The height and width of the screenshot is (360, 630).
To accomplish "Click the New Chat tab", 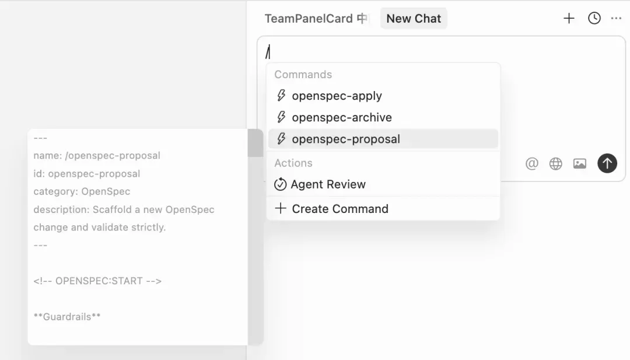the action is [x=414, y=19].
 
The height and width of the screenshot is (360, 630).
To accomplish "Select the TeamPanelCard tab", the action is [x=316, y=19].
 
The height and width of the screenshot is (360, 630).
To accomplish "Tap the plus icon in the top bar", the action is [x=569, y=19].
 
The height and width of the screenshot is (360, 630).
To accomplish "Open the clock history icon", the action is [x=594, y=19].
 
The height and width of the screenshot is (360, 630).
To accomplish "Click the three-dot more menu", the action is [x=616, y=19].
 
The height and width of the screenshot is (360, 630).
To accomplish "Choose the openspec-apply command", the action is [x=337, y=96].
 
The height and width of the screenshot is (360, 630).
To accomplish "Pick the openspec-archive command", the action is [x=341, y=117].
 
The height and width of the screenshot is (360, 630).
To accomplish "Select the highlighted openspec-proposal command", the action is [x=345, y=139].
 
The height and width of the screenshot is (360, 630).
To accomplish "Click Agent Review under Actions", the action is [x=328, y=184].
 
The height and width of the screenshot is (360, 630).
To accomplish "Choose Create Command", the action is [x=339, y=209].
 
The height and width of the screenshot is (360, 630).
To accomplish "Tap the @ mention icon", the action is [x=531, y=164].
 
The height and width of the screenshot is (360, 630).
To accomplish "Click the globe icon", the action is [x=556, y=164].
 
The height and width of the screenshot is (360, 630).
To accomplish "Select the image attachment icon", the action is [x=580, y=164].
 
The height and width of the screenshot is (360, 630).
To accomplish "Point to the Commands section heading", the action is [x=303, y=75].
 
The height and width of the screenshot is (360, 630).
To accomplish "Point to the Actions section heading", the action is [x=293, y=163].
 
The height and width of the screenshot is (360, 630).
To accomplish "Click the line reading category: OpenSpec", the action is [x=82, y=191].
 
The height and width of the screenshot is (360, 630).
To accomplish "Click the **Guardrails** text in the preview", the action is [x=67, y=317].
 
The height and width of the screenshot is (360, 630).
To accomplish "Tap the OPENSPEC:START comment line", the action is [x=97, y=281].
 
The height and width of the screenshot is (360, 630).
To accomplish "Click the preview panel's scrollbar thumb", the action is [x=256, y=144].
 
